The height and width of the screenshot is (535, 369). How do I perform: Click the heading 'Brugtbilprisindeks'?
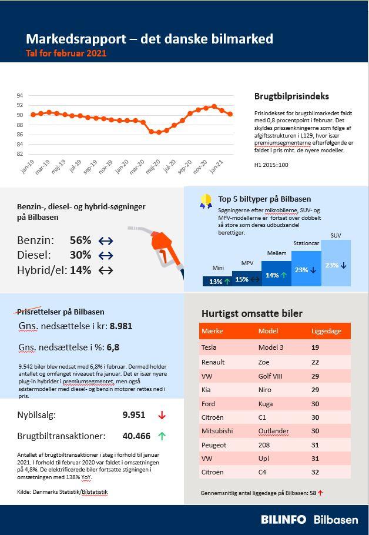(x=291, y=96)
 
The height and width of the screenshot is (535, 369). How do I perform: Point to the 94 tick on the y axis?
(x=20, y=95)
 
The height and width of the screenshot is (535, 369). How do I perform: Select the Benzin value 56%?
(x=80, y=240)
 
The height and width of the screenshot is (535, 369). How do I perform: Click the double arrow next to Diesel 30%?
(x=106, y=255)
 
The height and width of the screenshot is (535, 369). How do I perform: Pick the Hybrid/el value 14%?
(x=80, y=270)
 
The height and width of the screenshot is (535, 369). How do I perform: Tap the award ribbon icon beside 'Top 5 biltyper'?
(x=206, y=202)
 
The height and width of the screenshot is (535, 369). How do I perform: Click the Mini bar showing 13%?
(x=217, y=282)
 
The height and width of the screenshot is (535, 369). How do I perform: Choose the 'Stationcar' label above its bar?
(x=306, y=243)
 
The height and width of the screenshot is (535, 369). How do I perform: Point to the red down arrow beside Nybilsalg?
(x=162, y=415)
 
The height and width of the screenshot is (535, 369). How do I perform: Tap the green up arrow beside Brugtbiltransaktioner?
(x=162, y=436)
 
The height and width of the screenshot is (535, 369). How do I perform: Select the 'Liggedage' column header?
(x=326, y=331)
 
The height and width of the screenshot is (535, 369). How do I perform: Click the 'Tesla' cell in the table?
(x=209, y=347)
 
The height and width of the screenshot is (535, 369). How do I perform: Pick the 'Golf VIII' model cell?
(x=271, y=376)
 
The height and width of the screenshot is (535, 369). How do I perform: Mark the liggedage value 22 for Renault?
(x=316, y=362)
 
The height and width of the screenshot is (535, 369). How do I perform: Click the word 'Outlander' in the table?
(x=274, y=431)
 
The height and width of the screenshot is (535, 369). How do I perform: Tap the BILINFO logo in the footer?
(x=284, y=520)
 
